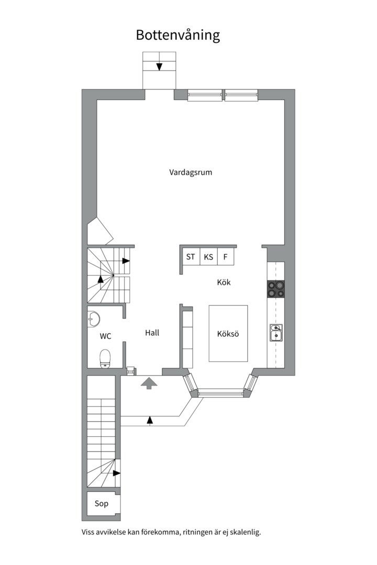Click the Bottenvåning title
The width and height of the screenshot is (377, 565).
(x=178, y=35)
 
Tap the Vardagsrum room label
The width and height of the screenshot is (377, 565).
(x=191, y=172)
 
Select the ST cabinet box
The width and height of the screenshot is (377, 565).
(x=191, y=257)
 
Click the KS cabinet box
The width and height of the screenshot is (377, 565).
(x=208, y=257)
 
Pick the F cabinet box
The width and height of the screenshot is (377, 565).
(x=225, y=257)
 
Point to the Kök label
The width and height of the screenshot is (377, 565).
(x=224, y=282)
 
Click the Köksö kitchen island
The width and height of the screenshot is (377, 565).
(x=228, y=334)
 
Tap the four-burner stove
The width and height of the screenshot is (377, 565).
(x=276, y=289)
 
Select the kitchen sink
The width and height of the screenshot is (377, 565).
(x=276, y=333)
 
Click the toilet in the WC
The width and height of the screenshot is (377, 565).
(x=105, y=358)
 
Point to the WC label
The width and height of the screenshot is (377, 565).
(x=105, y=336)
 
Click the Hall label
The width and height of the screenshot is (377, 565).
(x=152, y=333)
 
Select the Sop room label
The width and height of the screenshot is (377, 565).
(x=102, y=504)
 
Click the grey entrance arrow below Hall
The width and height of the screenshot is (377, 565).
(x=149, y=383)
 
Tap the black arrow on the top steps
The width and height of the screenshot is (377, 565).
(x=159, y=66)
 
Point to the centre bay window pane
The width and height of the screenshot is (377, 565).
(x=220, y=392)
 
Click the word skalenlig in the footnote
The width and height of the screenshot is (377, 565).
(x=243, y=533)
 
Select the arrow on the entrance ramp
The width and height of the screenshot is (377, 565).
(x=150, y=419)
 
